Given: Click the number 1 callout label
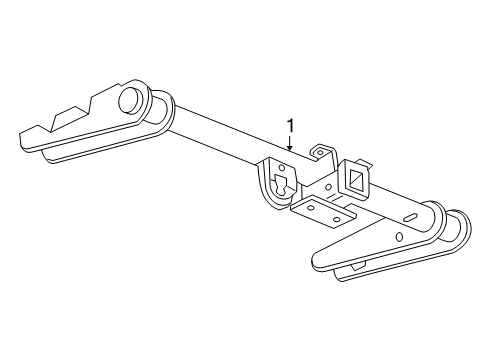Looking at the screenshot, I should click(291, 126).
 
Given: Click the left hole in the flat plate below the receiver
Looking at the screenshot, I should click(310, 209).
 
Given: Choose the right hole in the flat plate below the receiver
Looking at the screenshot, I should click(337, 217).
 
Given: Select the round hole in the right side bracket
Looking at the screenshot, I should click(399, 237).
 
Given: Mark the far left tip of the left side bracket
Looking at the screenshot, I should click(23, 131).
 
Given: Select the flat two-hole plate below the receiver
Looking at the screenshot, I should click(325, 213).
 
